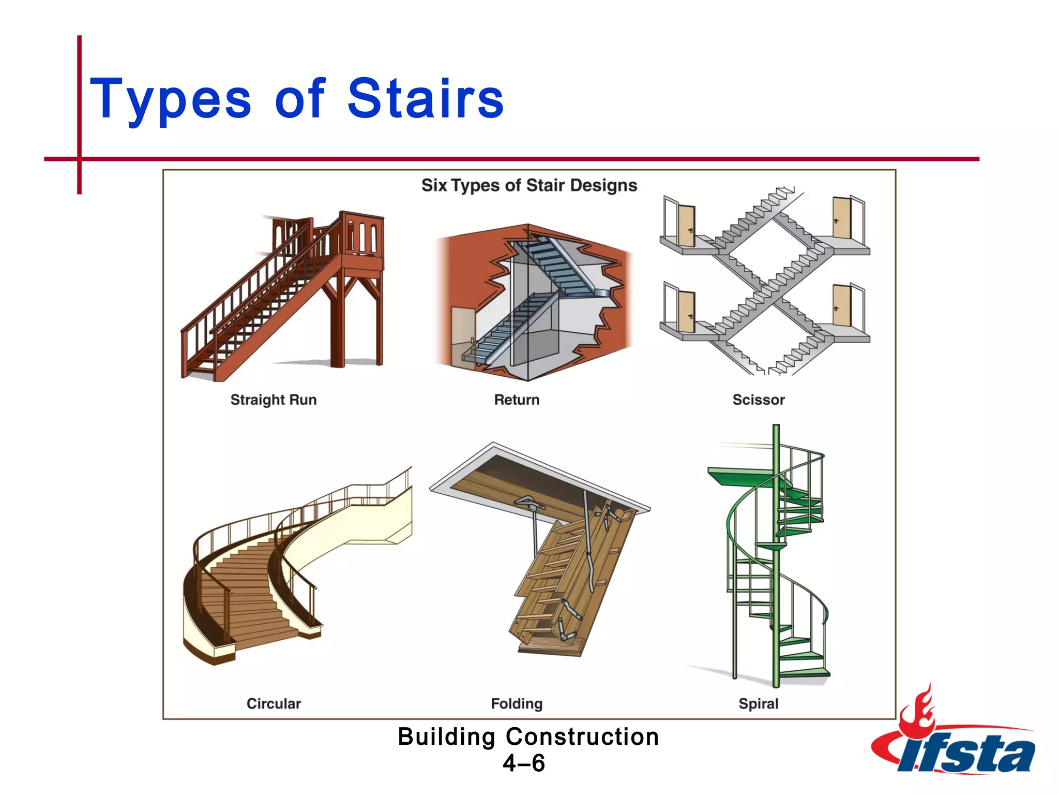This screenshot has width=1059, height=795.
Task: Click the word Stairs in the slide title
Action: (x=425, y=98)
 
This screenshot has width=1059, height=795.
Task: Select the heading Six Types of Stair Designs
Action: (x=529, y=185)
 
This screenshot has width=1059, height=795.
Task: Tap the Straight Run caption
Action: (x=273, y=400)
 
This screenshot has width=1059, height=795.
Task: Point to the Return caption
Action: (x=517, y=400)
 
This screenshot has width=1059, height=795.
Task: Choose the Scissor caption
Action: (x=758, y=400)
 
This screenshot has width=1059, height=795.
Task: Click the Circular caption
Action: (x=273, y=703)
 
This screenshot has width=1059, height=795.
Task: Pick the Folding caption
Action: (x=517, y=703)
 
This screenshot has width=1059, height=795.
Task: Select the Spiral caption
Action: (x=758, y=703)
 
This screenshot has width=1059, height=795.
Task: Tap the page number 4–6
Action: (x=524, y=763)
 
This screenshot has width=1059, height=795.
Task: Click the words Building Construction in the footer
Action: (x=528, y=737)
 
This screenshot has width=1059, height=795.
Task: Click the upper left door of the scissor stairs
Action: (x=687, y=226)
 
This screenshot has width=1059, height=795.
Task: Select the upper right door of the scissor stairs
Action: (x=841, y=218)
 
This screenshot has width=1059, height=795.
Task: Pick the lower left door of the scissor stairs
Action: (x=687, y=313)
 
